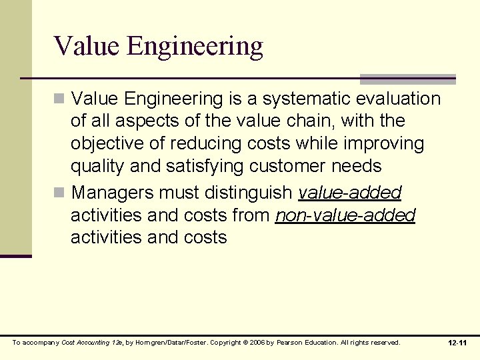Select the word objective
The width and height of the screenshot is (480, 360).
[109, 144]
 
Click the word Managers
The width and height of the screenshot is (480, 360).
[112, 193]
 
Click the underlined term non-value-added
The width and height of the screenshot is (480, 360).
[345, 215]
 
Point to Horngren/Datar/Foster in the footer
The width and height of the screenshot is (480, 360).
[163, 343]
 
